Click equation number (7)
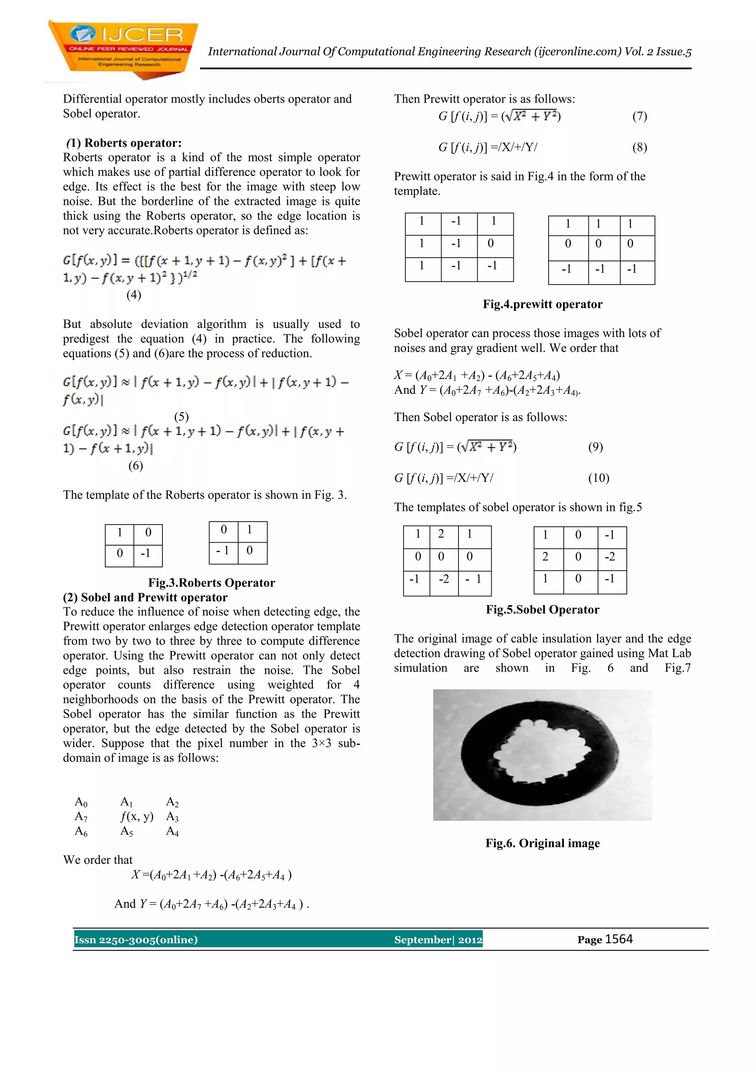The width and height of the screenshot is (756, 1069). click(639, 116)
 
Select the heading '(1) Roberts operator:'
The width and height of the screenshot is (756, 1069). click(123, 143)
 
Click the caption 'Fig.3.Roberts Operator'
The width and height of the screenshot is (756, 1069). click(212, 582)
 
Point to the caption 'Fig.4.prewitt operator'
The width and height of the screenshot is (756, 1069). click(542, 304)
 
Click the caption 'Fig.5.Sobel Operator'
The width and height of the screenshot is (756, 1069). click(542, 609)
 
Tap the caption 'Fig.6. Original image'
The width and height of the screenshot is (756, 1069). click(542, 843)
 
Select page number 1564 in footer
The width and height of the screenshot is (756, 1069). click(619, 939)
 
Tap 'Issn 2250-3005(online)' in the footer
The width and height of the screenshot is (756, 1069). click(136, 939)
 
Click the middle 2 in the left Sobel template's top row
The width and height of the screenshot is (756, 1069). click(441, 534)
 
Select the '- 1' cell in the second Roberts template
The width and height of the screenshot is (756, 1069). click(223, 551)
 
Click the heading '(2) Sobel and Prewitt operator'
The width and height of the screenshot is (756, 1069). click(145, 597)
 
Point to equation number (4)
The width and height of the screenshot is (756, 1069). click(134, 295)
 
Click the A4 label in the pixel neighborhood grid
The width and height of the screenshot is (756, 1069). click(172, 832)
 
